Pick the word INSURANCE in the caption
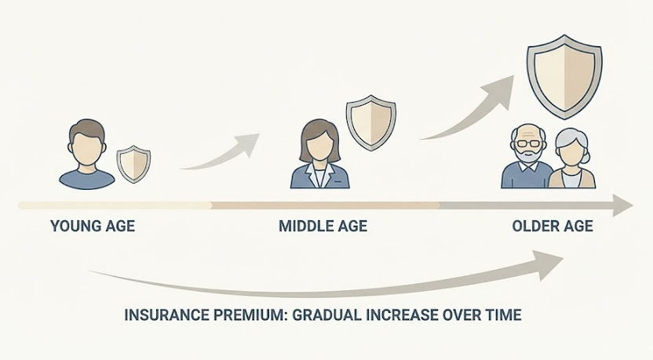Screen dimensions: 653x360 [165, 315]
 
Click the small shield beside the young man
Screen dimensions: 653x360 [133, 165]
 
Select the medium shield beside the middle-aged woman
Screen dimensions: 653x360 [371, 123]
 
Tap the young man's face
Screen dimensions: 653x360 [86, 150]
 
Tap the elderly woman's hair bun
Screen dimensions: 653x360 [587, 158]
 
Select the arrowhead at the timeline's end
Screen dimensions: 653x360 [622, 205]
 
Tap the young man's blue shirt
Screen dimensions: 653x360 [86, 179]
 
